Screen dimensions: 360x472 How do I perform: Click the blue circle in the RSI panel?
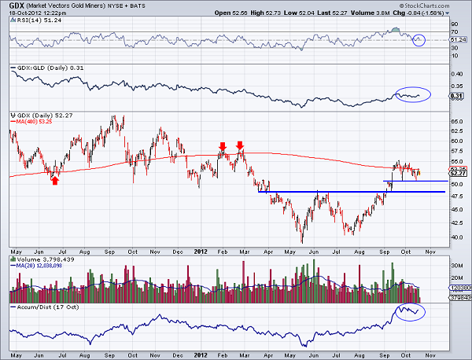[420, 39]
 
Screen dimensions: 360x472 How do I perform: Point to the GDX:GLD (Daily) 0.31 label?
[44, 70]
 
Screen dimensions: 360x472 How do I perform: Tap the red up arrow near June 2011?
[55, 181]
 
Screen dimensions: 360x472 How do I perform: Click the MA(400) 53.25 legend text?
[31, 122]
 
